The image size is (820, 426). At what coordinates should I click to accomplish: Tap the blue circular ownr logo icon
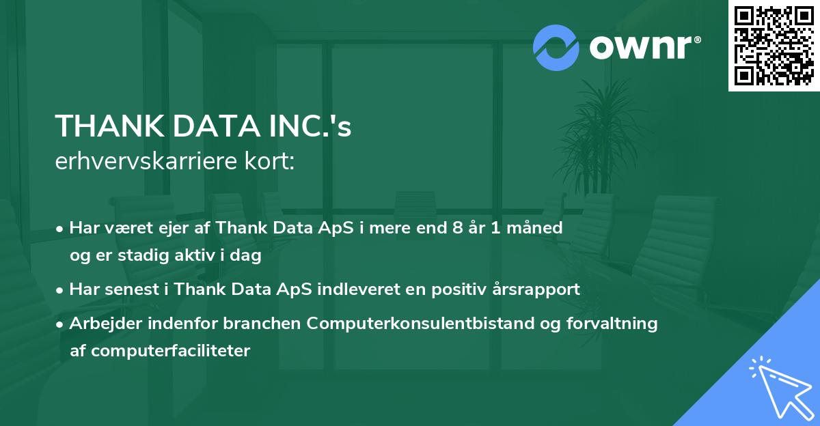tap(556, 48)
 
